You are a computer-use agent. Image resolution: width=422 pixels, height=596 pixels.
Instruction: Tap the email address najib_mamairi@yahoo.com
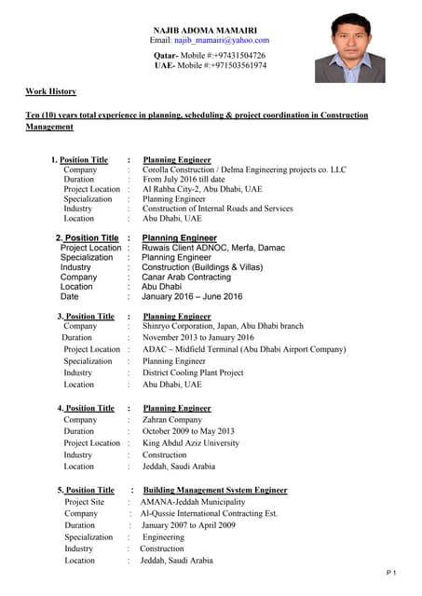(x=209, y=41)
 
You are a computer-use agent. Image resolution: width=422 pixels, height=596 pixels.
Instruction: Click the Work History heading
(x=50, y=91)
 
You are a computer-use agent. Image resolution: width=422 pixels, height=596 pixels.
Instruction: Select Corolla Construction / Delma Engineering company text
(x=244, y=170)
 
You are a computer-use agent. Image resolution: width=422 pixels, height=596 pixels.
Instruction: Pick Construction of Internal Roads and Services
(x=217, y=209)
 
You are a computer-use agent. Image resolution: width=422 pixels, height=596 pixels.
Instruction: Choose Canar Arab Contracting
(x=186, y=278)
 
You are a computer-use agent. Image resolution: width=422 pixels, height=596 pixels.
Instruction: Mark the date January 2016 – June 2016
(x=192, y=297)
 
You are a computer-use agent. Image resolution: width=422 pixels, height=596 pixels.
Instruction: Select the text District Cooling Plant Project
(x=193, y=372)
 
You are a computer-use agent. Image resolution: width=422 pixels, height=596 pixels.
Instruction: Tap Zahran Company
(x=172, y=420)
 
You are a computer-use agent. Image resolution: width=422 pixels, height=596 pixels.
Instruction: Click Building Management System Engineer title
(x=215, y=490)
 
